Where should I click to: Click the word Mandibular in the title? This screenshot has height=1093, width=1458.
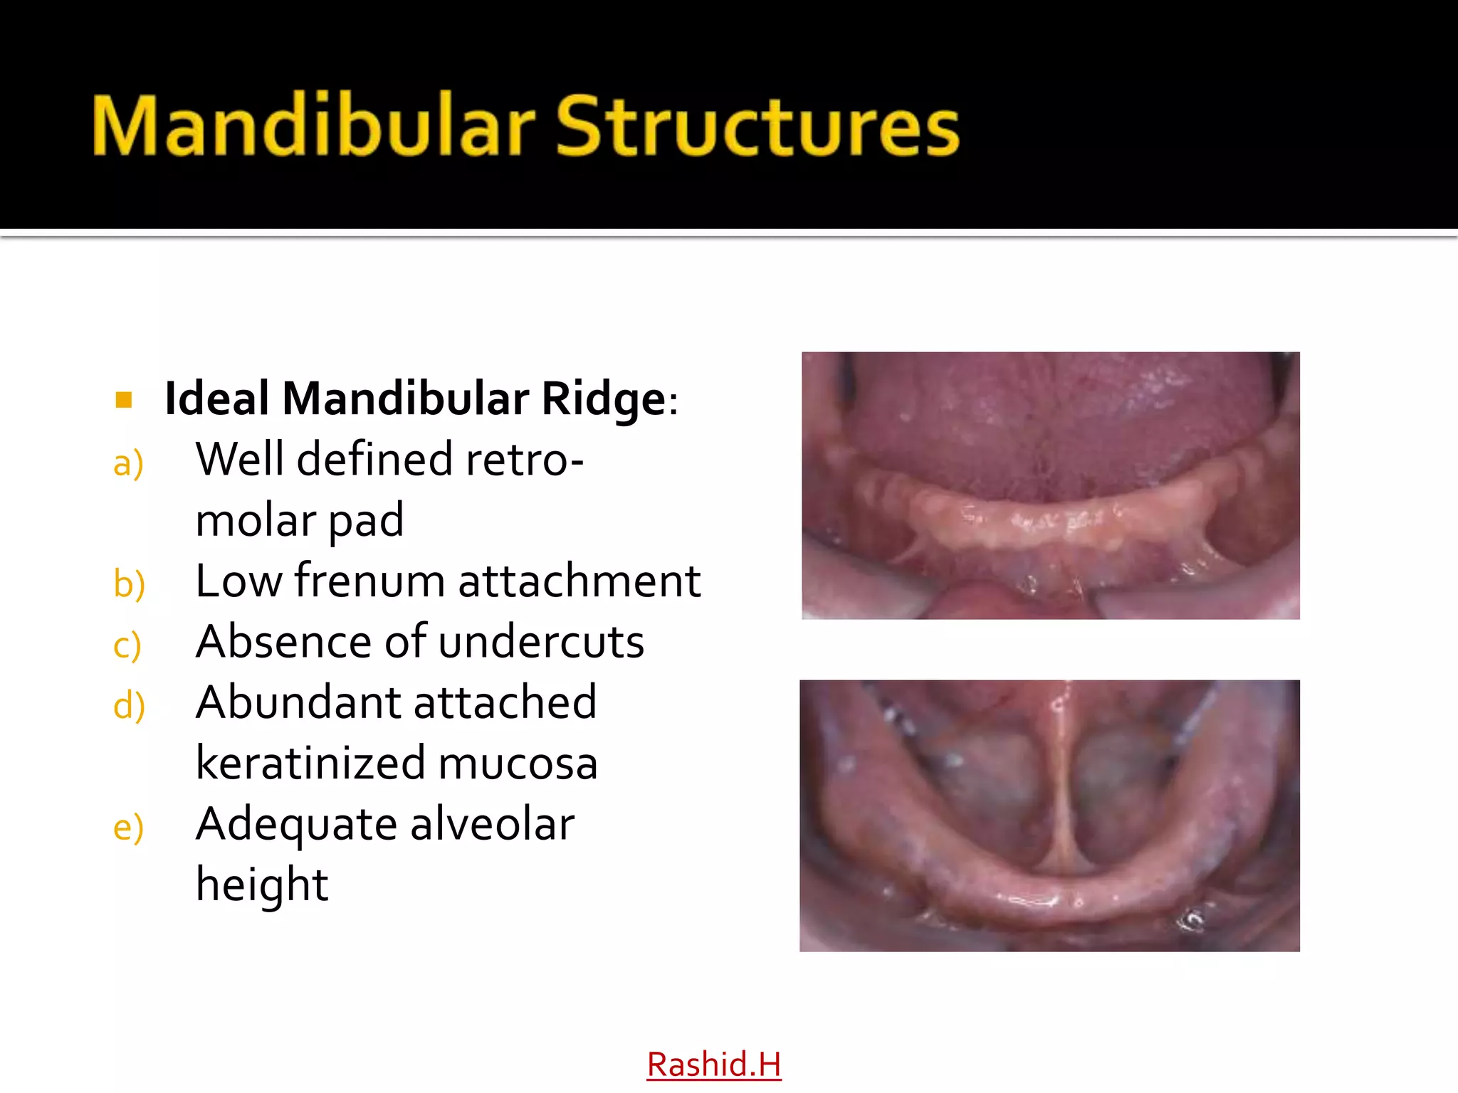313,125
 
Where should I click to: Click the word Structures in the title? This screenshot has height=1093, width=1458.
757,127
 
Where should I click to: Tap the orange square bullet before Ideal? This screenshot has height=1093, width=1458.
124,399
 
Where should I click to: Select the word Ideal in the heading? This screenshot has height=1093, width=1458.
216,398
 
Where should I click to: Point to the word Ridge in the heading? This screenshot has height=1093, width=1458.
602,398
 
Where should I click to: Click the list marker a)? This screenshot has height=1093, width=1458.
129,463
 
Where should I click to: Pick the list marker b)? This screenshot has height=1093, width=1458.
130,584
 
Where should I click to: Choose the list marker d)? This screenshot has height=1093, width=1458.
130,706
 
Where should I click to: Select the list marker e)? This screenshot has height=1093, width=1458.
129,828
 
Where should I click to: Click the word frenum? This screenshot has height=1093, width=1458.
370,581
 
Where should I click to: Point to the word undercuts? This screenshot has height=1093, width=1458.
541,642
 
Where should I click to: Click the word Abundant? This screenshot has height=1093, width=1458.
298,702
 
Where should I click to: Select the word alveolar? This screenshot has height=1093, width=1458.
492,824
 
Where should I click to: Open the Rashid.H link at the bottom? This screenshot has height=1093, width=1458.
713,1065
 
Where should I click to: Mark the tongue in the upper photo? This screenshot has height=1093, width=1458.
1054,420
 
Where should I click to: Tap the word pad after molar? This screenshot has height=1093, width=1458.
366,521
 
